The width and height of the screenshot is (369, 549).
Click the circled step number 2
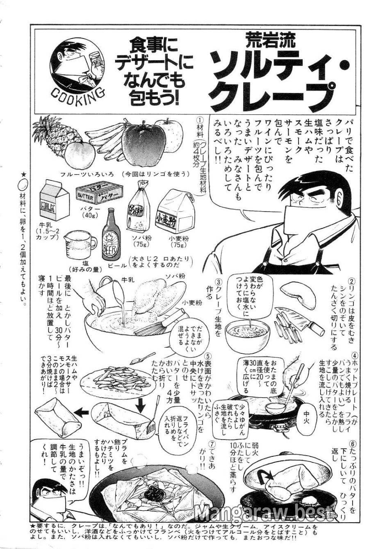tap(351, 282)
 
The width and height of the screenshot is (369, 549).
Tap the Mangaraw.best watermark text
tap(265, 513)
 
